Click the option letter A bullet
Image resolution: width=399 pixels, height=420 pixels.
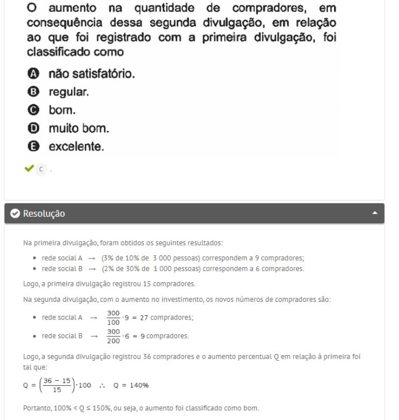[33, 74]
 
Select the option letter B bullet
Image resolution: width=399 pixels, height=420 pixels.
[33, 92]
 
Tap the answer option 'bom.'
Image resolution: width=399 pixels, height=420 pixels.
[61, 110]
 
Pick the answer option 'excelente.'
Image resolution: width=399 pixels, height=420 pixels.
[76, 147]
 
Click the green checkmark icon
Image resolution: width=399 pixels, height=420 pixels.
[28, 168]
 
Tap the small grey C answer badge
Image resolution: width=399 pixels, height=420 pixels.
[41, 169]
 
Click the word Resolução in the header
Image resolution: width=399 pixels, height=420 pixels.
[44, 214]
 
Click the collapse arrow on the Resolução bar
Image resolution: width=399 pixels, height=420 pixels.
[375, 213]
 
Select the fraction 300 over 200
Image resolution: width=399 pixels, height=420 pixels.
[114, 336]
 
